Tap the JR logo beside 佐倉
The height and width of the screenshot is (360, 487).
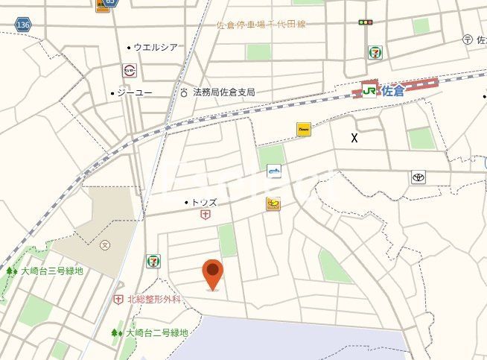click(369, 91)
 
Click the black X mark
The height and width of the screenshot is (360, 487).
click(354, 138)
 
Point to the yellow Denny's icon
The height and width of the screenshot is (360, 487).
click(303, 129)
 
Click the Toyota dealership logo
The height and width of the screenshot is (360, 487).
click(418, 177)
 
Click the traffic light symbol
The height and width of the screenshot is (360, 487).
click(365, 23)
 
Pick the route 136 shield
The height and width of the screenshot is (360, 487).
click(23, 25)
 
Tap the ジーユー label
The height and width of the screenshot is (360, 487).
click(135, 93)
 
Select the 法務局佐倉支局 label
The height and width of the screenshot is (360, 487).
click(223, 92)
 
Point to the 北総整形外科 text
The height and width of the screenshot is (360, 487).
click(154, 299)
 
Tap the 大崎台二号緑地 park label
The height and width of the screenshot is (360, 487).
click(157, 332)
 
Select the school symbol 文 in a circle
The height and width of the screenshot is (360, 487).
click(105, 244)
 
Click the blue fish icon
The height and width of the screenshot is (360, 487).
click(274, 173)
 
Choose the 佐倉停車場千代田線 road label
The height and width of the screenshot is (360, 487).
click(261, 25)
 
